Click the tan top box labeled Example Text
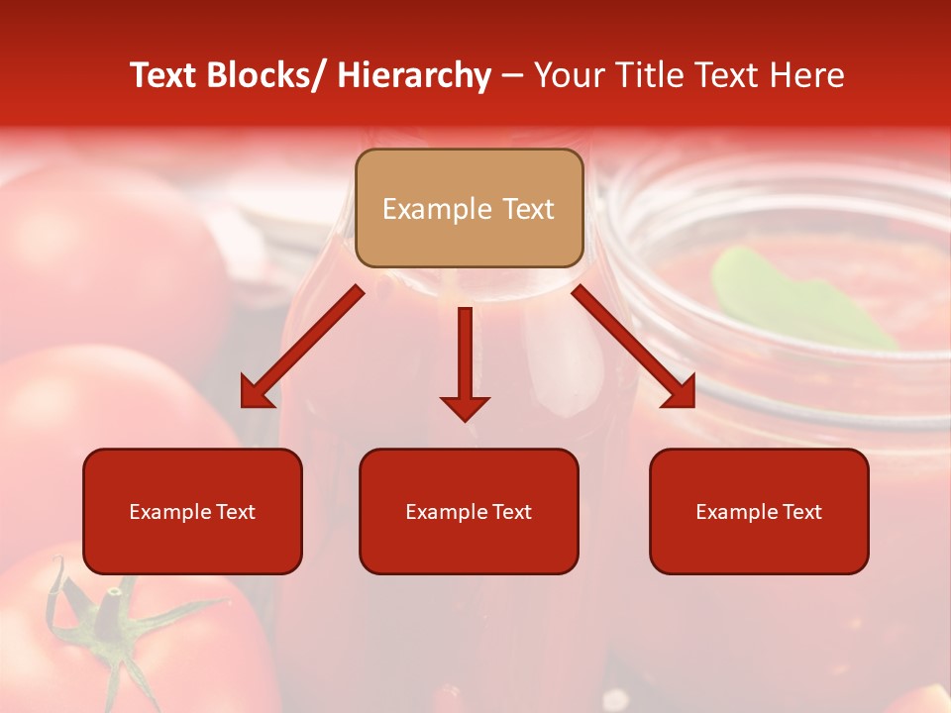(469, 208)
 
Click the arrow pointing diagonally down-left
(302, 347)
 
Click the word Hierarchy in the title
(414, 75)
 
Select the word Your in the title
(568, 75)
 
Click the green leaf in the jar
(792, 297)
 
